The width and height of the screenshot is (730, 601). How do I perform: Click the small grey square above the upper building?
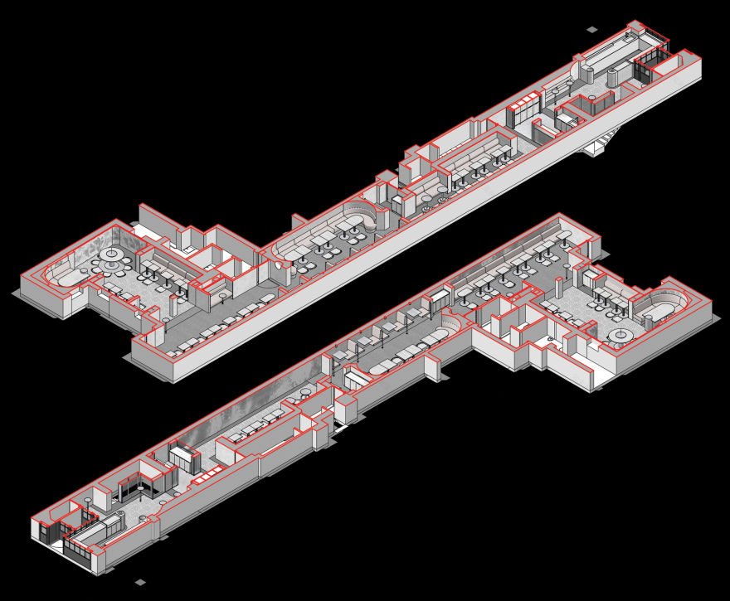591,30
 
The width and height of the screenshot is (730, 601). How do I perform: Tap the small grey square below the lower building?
140,582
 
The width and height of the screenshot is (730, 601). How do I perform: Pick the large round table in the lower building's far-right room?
620,335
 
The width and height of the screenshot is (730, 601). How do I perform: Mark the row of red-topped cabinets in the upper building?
523,107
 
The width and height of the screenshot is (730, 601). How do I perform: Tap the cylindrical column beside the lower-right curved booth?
648,322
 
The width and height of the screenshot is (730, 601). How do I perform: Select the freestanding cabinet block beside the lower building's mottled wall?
183,456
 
